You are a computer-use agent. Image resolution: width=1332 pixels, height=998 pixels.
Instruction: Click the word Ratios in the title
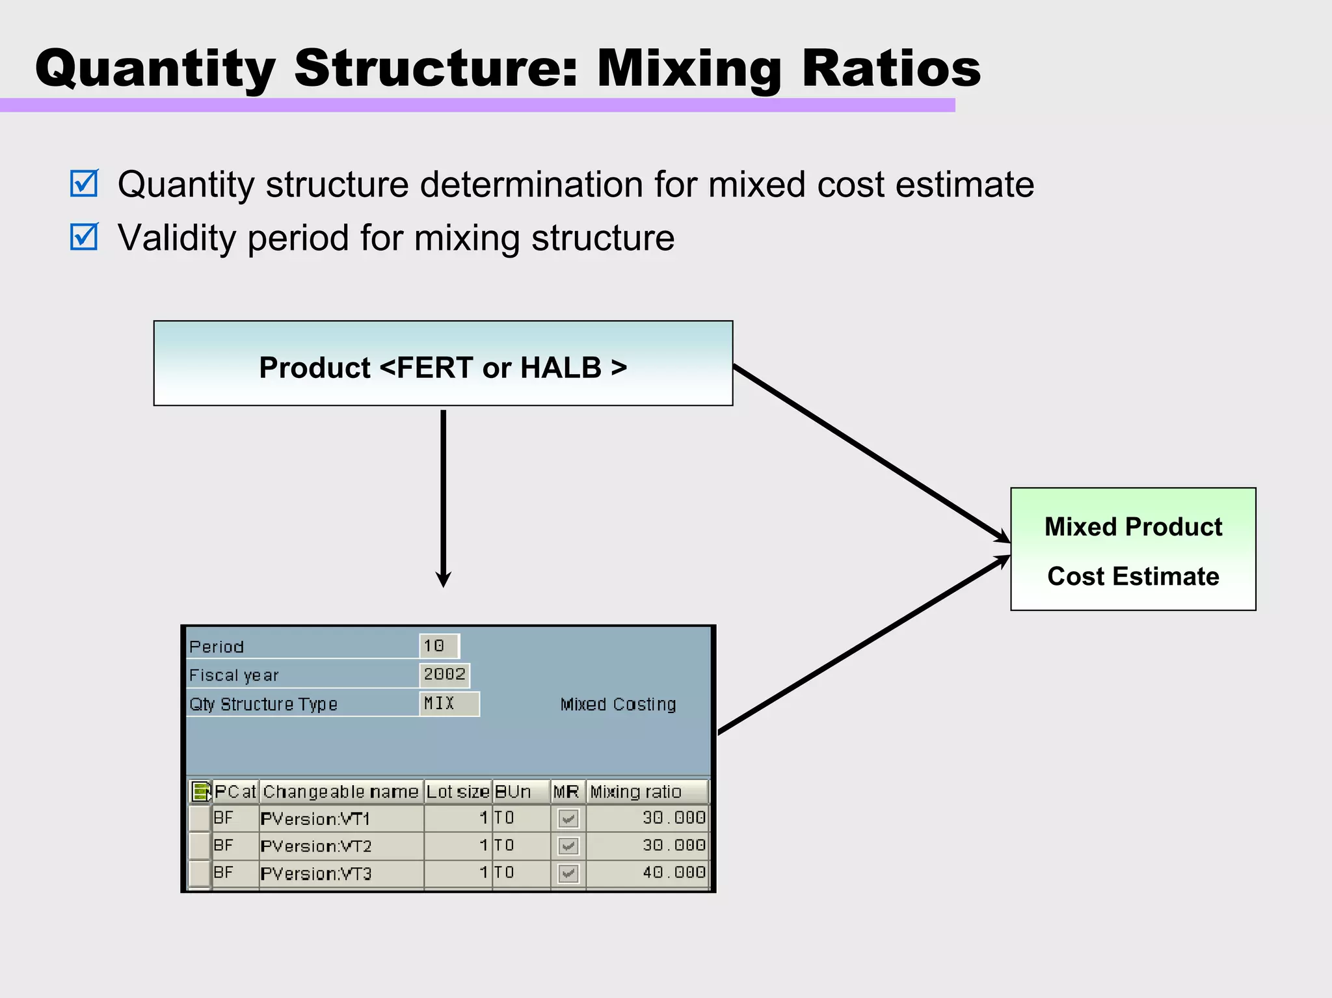tap(891, 68)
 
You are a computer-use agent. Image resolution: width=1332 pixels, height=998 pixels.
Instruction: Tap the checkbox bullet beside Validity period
tap(85, 237)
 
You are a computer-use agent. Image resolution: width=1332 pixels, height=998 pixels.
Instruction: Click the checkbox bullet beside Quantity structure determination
tap(85, 183)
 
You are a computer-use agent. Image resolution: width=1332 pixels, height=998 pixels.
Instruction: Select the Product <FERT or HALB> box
tap(443, 364)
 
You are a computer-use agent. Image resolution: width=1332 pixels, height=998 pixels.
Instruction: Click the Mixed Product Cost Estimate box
tap(1132, 549)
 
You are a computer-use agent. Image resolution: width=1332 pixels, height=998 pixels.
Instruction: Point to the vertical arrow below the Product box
tap(444, 494)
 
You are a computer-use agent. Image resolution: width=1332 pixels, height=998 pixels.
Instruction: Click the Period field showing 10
tap(438, 646)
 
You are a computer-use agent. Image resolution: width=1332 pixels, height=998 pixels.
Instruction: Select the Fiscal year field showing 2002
tap(444, 675)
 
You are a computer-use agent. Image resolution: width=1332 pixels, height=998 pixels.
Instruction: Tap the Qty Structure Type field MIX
tap(449, 703)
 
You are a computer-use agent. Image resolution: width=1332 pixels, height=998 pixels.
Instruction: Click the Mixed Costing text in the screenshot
tap(618, 704)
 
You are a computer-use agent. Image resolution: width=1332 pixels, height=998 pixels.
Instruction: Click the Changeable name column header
tap(340, 792)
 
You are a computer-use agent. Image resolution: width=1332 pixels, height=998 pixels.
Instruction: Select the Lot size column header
tap(457, 792)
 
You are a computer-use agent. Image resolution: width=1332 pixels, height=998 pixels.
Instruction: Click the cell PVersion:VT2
tap(316, 846)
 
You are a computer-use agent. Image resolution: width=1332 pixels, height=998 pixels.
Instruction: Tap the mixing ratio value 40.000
tap(674, 872)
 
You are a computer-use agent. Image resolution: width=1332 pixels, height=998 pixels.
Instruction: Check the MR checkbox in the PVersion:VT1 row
tap(568, 818)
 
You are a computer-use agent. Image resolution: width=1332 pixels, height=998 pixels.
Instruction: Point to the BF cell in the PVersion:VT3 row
tap(224, 872)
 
